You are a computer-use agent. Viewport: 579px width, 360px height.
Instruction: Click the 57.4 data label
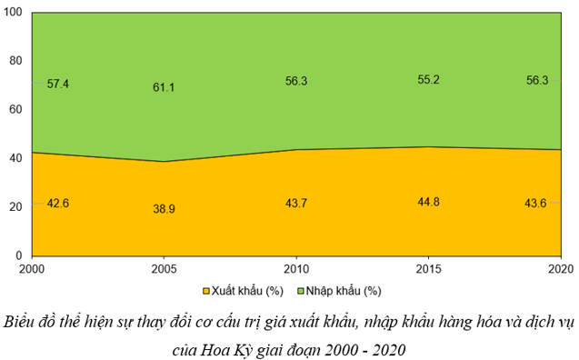coord(57,84)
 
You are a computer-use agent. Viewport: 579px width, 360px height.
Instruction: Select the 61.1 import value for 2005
coord(164,87)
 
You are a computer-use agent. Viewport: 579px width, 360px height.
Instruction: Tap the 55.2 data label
coord(428,80)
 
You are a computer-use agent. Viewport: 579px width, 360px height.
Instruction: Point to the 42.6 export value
coord(57,204)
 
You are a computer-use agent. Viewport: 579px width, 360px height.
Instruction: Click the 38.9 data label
coord(164,209)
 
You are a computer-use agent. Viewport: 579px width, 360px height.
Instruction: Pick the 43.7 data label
coord(295,203)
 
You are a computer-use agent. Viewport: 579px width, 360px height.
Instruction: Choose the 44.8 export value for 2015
coord(428,202)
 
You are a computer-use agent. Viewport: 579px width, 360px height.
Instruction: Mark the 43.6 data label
coord(535,203)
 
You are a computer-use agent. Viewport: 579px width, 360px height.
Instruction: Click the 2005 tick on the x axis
coord(164,269)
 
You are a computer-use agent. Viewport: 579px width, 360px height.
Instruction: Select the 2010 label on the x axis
coord(296,269)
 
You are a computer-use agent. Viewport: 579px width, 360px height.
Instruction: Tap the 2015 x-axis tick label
coord(428,269)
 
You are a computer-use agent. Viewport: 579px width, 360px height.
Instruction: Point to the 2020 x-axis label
coord(561,269)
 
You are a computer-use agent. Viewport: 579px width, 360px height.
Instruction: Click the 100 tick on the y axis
coord(13,12)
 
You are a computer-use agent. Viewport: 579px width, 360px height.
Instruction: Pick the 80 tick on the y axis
coord(15,61)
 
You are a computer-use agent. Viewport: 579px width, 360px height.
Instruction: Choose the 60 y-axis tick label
coord(15,109)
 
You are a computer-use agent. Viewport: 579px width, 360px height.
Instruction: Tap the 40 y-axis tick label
coord(15,158)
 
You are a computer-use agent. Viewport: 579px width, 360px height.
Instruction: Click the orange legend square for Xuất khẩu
coord(206,291)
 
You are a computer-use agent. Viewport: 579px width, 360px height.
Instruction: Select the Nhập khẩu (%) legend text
coord(344,291)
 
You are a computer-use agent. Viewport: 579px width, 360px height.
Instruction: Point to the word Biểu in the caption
coord(18,322)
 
